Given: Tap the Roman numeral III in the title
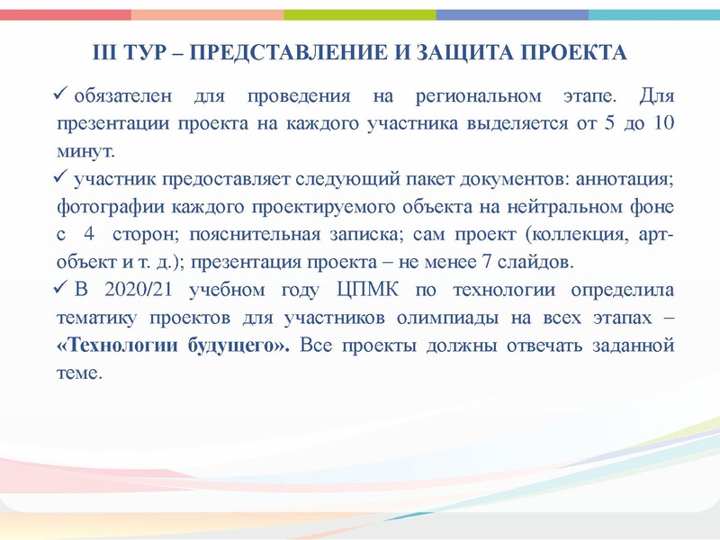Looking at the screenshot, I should point(108,51).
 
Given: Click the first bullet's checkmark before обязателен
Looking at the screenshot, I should point(63,93).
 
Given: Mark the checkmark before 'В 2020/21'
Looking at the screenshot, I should point(63,289).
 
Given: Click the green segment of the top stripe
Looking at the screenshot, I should point(360,14).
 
